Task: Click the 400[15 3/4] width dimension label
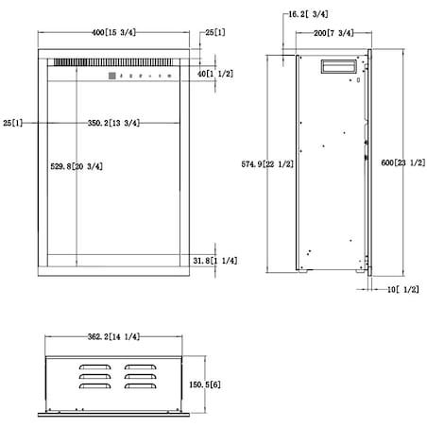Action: pos(113,32)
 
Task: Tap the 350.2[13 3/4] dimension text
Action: pos(113,123)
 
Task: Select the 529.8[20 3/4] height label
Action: pos(77,166)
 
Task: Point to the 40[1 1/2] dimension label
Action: pos(215,74)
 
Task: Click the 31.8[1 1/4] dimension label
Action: pos(215,261)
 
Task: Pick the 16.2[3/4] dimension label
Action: pos(308,14)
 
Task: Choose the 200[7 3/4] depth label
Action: pos(333,33)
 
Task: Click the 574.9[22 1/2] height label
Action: pos(267,164)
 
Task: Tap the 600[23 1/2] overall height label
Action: pos(403,162)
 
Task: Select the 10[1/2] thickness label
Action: pos(403,289)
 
